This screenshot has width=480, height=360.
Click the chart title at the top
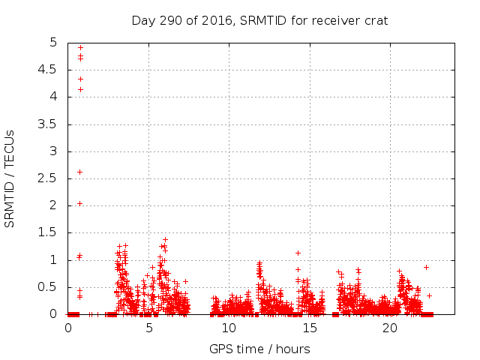click(259, 20)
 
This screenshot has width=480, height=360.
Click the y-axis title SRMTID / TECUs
click(10, 178)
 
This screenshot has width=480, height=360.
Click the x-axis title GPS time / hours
click(259, 349)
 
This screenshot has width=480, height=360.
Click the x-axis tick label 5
click(149, 328)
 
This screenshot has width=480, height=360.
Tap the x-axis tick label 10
click(229, 328)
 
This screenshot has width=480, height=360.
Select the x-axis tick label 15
click(310, 328)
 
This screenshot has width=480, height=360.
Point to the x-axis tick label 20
click(390, 328)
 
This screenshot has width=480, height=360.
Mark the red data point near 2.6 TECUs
click(80, 172)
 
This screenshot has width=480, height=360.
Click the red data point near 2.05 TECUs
click(80, 203)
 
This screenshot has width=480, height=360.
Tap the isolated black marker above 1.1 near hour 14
click(298, 253)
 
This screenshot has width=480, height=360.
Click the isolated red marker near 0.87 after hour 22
click(426, 267)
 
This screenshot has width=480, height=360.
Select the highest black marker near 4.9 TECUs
click(80, 47)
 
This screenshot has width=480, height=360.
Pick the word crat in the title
click(375, 20)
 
